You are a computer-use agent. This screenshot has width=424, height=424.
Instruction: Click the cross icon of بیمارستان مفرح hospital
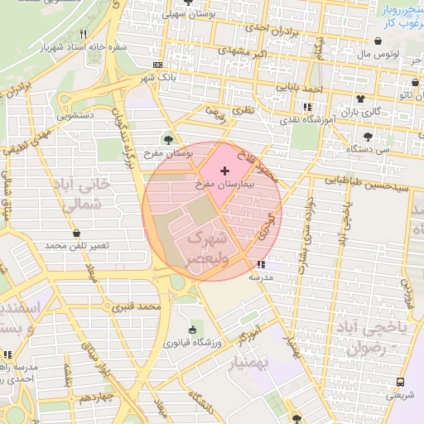coord(224,170)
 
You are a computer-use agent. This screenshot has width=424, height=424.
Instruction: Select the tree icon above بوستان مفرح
coord(169,140)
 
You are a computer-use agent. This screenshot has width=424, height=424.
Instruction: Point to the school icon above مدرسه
coord(262,265)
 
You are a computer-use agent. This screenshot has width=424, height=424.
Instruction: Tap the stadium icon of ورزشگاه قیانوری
coord(193,330)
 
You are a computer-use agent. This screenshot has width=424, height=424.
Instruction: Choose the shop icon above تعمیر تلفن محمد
coord(78,234)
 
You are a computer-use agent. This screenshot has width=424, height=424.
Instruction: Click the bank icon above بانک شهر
coord(157,65)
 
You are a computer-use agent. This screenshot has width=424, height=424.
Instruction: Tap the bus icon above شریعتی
coord(401,382)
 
